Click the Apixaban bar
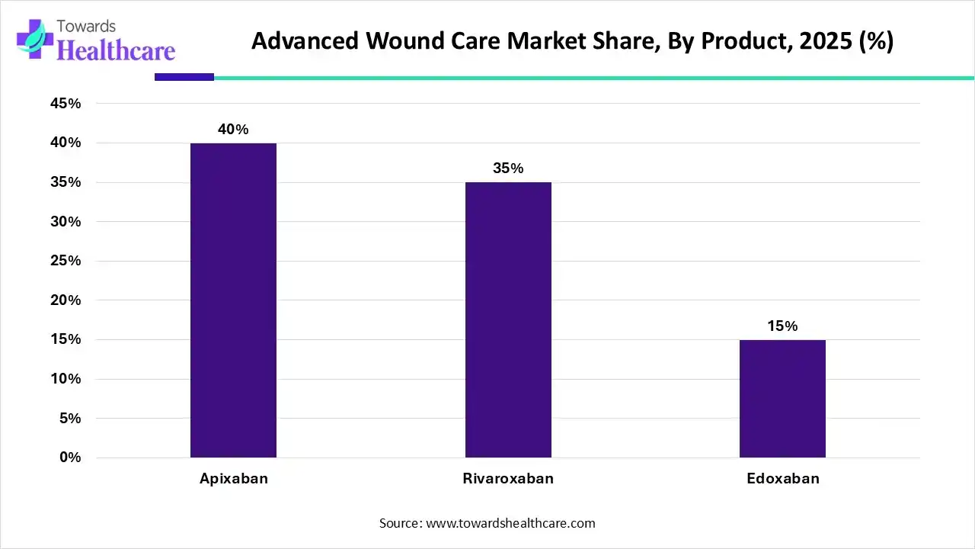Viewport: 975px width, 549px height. tap(233, 300)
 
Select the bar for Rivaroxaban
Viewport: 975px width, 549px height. tap(508, 319)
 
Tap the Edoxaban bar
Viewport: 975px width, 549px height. tap(782, 398)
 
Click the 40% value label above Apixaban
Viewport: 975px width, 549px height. tap(233, 130)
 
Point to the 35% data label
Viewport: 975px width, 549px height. tap(508, 169)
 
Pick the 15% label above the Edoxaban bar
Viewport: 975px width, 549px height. tap(782, 326)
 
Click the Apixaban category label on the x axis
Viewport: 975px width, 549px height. tap(234, 479)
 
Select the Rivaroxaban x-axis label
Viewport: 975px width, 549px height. tap(508, 479)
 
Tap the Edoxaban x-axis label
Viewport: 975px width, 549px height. tap(782, 479)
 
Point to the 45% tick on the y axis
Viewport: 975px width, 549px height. tap(65, 104)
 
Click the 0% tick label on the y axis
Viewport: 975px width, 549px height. tap(69, 457)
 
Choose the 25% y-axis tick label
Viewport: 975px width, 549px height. tap(65, 261)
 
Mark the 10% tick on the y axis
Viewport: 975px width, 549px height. tap(65, 379)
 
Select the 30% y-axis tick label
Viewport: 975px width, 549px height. tap(65, 222)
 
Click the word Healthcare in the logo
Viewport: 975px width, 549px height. tap(116, 50)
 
